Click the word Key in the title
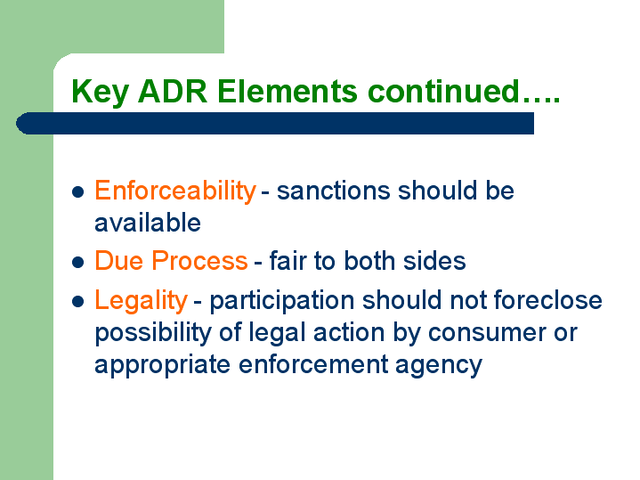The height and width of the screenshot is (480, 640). (x=100, y=92)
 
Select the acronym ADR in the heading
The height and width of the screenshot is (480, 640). (x=173, y=91)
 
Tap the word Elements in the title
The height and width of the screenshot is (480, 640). (x=288, y=91)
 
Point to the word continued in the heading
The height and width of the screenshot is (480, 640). (x=443, y=91)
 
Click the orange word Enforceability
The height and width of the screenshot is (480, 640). (x=175, y=191)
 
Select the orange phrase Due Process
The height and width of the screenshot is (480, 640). (x=171, y=260)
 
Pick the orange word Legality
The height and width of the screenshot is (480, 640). (x=141, y=301)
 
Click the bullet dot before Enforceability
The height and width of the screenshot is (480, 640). (x=77, y=191)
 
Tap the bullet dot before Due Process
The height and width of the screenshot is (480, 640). (x=77, y=262)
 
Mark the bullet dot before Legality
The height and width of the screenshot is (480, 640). (x=77, y=302)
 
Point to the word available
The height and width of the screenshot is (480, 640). (x=148, y=223)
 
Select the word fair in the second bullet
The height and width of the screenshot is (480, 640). (x=288, y=260)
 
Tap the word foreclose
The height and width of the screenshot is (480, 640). (x=547, y=300)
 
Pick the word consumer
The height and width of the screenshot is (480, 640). (x=487, y=334)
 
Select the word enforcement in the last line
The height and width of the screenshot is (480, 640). (x=313, y=364)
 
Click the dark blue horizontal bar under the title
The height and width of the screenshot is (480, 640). (x=275, y=124)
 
